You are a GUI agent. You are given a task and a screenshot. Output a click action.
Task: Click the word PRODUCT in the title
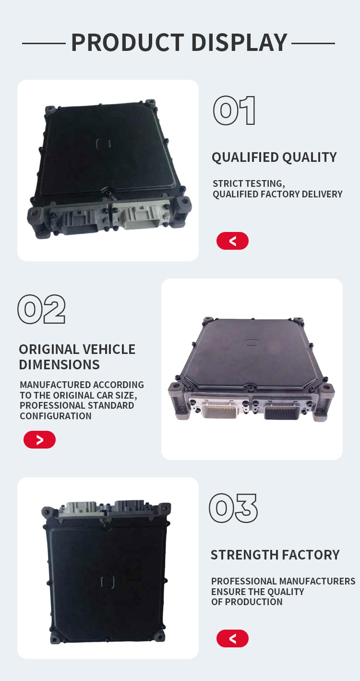[128, 42]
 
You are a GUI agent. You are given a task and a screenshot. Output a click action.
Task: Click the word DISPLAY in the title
[240, 42]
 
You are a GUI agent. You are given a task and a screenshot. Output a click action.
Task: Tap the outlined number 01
[234, 110]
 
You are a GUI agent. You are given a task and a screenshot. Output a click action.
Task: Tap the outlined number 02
[41, 309]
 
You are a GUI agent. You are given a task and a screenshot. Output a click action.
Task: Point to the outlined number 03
[233, 508]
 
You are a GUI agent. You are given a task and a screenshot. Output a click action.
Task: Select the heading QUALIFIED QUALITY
[274, 158]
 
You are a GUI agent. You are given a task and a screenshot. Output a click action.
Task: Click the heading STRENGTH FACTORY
[275, 555]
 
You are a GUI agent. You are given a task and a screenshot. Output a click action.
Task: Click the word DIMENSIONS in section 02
[59, 365]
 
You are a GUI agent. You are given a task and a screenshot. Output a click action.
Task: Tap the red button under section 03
[232, 638]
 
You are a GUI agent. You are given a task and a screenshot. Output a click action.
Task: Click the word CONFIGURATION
[56, 416]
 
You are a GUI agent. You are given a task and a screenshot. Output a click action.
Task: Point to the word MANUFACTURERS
[310, 581]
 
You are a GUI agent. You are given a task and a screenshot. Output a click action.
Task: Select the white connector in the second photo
[219, 407]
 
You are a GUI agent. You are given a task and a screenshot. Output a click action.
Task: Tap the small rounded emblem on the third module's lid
[108, 582]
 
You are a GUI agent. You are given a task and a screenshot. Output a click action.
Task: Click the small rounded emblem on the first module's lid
[103, 144]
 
